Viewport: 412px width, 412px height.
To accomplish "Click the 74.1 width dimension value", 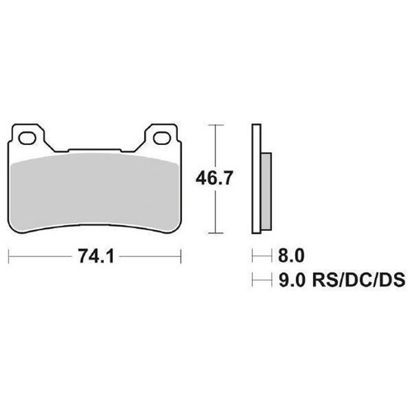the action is [96, 256].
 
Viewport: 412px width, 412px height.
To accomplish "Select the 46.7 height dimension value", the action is [214, 178].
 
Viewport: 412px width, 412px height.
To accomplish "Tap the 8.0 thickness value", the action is [291, 255].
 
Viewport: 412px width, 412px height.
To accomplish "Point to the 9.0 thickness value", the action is [292, 279].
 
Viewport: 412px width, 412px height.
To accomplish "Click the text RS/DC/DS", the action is [358, 279].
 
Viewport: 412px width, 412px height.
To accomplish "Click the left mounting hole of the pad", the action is [27, 138].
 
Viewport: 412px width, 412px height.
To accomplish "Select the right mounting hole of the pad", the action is [162, 138].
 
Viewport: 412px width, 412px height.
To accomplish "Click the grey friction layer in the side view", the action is [266, 191].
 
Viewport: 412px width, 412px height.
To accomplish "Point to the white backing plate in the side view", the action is [256, 179].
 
